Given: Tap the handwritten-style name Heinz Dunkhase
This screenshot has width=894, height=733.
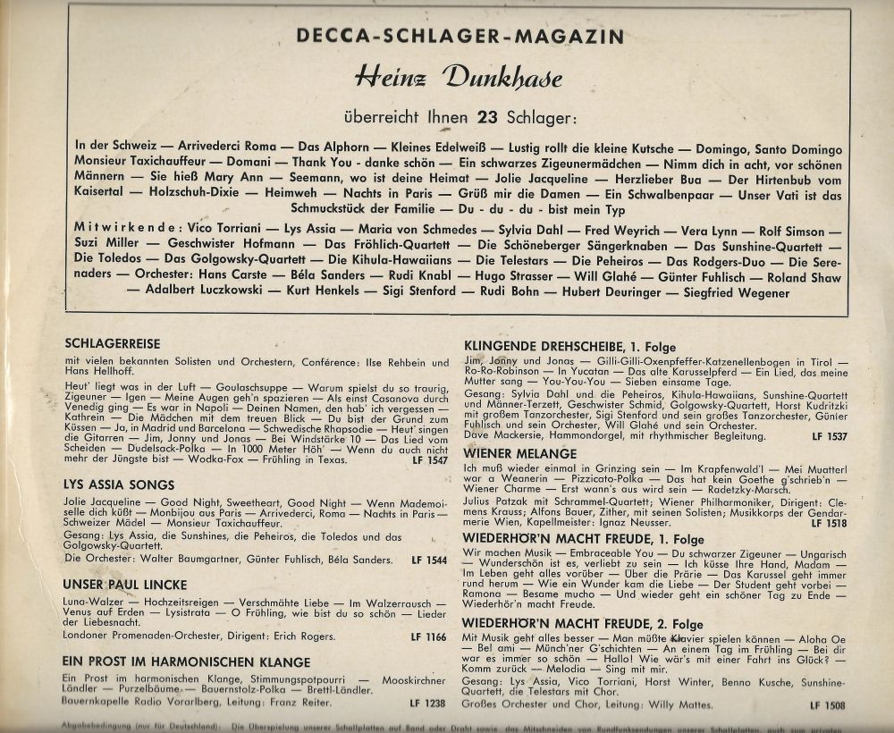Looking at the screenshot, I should pos(458,79).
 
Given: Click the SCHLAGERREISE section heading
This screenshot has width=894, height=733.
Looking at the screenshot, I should pos(118,342).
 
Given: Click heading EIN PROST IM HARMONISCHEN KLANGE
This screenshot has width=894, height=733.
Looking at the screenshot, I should pos(188,662).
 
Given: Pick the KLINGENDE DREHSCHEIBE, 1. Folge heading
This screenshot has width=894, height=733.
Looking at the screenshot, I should pos(570,345).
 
